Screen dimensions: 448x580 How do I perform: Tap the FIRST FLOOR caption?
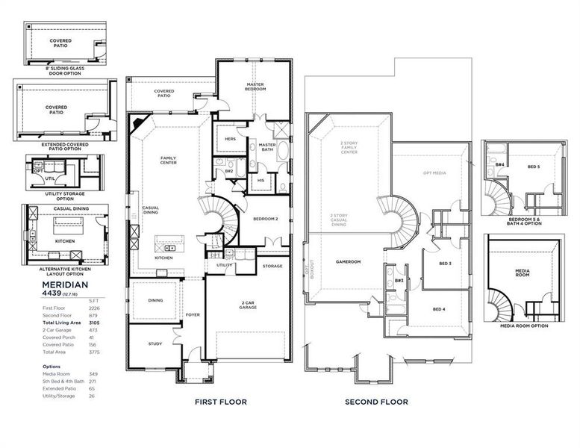click(x=220, y=402)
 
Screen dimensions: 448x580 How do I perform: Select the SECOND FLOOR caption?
click(x=376, y=402)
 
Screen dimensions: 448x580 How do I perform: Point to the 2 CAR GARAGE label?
click(x=249, y=305)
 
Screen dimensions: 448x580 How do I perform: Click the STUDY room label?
click(x=155, y=344)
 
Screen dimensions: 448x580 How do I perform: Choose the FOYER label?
click(x=193, y=315)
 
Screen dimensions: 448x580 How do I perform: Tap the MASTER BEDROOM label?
click(x=255, y=87)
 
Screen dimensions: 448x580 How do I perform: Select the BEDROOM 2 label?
click(x=265, y=219)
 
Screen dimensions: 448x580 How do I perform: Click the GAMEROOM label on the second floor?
click(x=348, y=262)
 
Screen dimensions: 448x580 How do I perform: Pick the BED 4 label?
click(x=439, y=308)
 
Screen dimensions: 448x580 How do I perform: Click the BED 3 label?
click(x=445, y=263)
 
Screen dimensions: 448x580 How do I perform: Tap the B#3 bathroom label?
click(x=399, y=281)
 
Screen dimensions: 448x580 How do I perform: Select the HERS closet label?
click(x=231, y=138)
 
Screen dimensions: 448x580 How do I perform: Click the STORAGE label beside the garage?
click(x=272, y=266)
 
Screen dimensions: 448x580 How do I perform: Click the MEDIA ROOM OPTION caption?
click(x=524, y=326)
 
